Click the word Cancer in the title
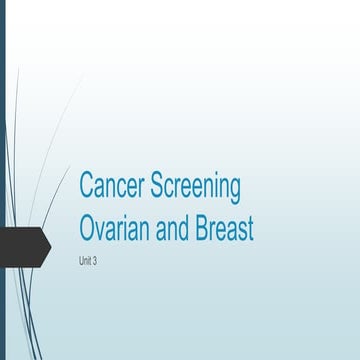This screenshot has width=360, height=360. (111, 187)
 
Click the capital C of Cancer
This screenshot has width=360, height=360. (87, 187)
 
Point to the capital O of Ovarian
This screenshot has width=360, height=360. (88, 229)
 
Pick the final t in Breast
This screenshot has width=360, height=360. (250, 229)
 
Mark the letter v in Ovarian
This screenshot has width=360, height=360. (102, 231)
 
